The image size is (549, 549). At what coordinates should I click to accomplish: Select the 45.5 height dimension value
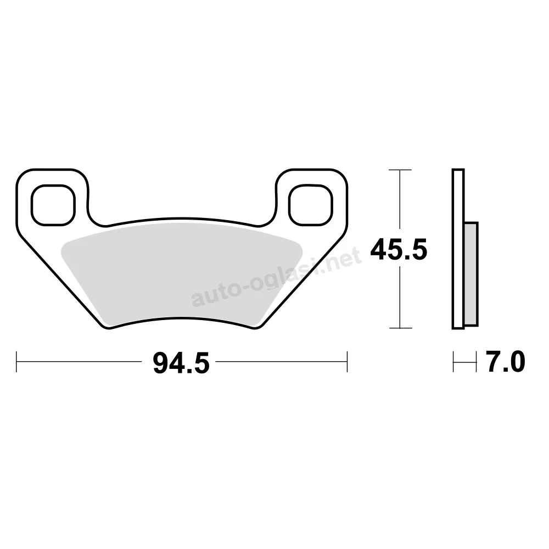tap(399, 249)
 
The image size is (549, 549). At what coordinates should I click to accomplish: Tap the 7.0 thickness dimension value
tap(505, 362)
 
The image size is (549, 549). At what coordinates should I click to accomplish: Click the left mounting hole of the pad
tap(53, 205)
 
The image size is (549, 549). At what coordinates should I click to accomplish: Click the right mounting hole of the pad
tap(311, 205)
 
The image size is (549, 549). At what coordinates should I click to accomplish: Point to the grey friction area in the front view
tap(181, 273)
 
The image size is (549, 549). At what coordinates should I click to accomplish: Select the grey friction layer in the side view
tap(471, 274)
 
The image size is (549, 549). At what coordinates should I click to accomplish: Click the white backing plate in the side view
tap(458, 249)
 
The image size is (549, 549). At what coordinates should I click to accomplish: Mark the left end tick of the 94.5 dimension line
tap(16, 362)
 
